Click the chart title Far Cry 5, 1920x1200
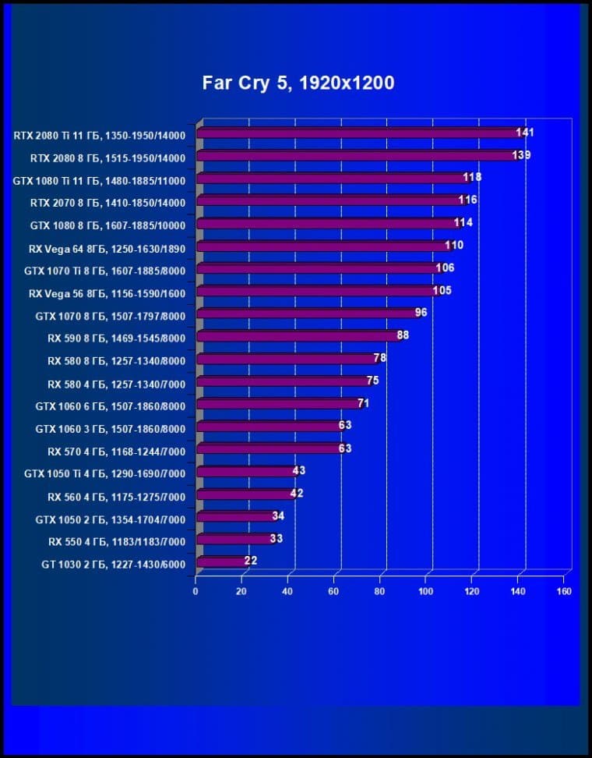coord(298,83)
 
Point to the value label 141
coord(524,133)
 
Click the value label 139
coord(521,155)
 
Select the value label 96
coord(421,313)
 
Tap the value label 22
coord(250,560)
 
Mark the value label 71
coord(363,402)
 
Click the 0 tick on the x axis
coord(196,591)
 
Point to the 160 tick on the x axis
coord(564,591)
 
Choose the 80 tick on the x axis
coord(379,591)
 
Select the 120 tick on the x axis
coord(472,591)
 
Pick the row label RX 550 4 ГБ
coord(116,540)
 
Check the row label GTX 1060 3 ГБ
coord(110,428)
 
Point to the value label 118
coord(472,177)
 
